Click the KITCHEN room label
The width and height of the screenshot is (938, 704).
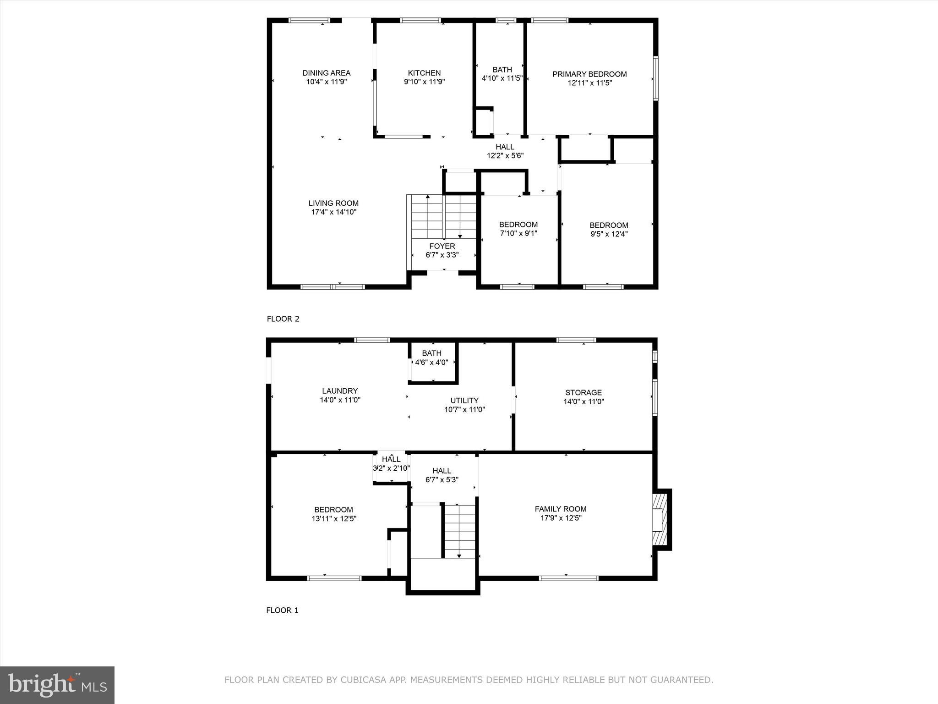click(424, 73)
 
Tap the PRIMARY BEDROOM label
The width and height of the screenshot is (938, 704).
click(589, 74)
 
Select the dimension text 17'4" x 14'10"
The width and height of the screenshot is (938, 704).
click(333, 212)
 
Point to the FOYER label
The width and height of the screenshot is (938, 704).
click(442, 246)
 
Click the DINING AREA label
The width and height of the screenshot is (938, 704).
click(326, 73)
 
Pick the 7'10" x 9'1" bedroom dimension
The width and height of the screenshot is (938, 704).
click(518, 233)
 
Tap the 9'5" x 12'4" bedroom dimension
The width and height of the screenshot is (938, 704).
click(609, 234)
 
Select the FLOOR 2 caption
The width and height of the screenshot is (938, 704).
click(283, 319)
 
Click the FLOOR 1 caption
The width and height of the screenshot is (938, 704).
click(282, 610)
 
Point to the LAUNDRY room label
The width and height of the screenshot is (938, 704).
click(339, 391)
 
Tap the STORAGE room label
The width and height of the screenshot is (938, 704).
click(583, 393)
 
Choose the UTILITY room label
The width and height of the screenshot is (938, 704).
click(464, 401)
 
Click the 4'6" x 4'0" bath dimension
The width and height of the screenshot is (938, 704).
click(431, 363)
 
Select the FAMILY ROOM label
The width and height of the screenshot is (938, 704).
click(560, 509)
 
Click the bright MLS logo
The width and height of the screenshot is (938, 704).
click(57, 685)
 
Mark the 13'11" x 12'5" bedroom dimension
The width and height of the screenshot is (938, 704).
click(333, 519)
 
